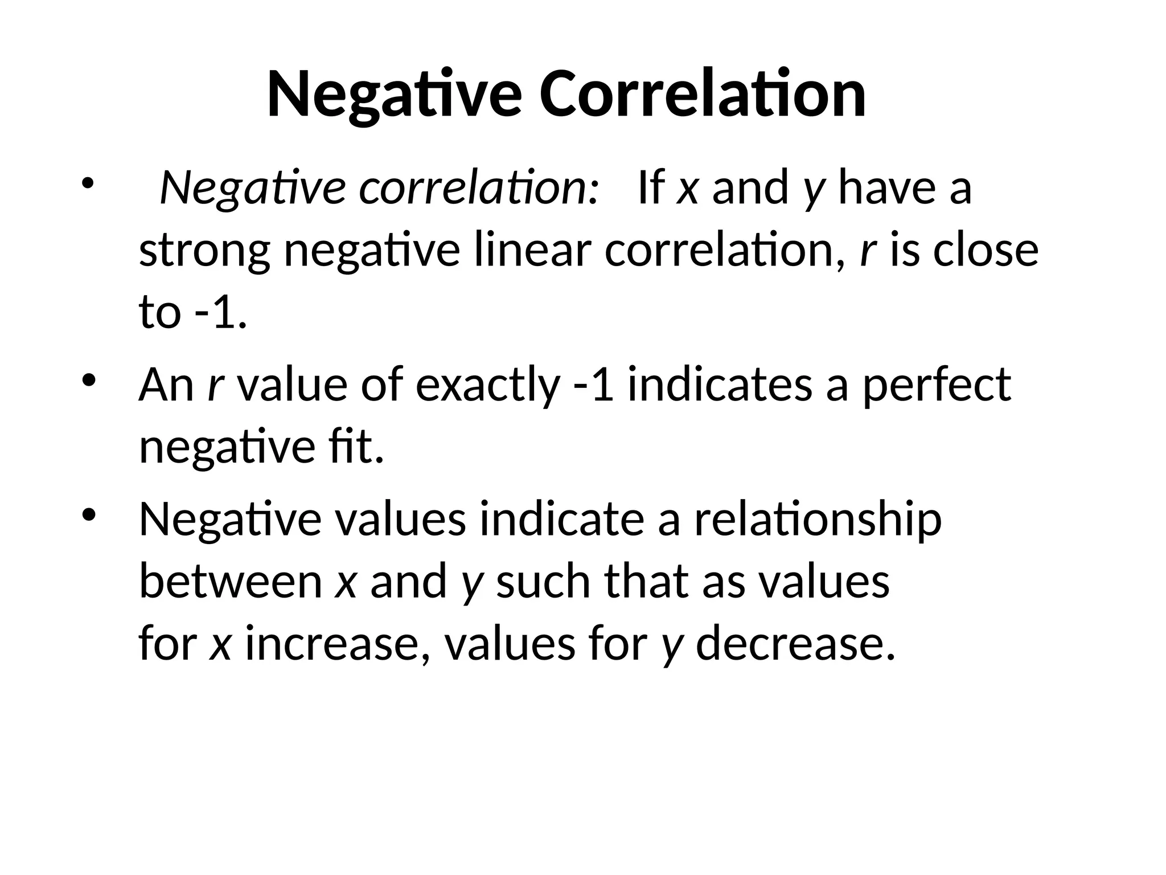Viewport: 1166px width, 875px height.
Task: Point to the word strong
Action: pos(204,252)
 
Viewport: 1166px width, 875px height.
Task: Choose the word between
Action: pos(231,582)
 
